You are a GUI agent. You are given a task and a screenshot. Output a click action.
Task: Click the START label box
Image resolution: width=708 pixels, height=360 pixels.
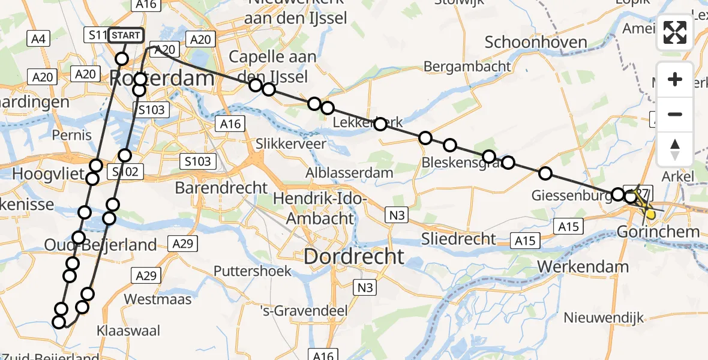[x=125, y=35]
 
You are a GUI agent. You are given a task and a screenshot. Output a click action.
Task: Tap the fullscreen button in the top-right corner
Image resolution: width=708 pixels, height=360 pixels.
[x=675, y=32]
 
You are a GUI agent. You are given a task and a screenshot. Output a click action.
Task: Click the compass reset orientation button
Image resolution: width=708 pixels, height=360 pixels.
[x=675, y=149]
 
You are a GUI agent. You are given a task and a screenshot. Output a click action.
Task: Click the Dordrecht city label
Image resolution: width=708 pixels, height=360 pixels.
[x=354, y=257]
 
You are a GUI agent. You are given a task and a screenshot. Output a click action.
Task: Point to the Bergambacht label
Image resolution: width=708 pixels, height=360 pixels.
[x=467, y=67]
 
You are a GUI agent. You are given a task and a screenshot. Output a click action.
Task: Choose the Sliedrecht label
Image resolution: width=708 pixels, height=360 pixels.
[x=459, y=239]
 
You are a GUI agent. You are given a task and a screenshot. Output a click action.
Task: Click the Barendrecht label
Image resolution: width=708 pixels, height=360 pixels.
[x=221, y=188]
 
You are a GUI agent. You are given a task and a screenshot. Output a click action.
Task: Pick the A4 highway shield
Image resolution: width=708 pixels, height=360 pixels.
[x=37, y=39]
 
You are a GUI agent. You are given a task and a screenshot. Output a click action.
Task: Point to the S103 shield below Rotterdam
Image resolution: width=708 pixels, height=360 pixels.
[x=151, y=110]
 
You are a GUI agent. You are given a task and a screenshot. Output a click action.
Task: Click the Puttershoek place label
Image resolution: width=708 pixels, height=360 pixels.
[x=219, y=271]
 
